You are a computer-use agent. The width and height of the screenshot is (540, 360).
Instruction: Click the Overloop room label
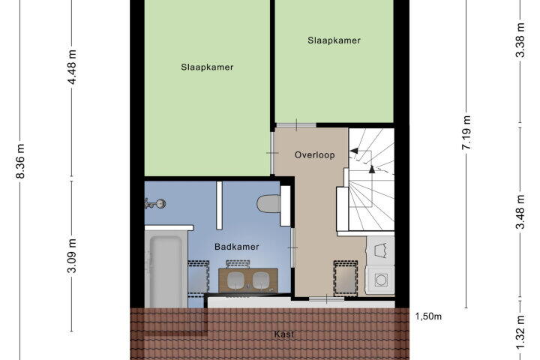314,155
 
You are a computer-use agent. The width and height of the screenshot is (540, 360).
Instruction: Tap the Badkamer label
236,247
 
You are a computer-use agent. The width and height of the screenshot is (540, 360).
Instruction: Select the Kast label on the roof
284,334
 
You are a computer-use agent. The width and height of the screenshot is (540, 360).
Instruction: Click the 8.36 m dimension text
20,161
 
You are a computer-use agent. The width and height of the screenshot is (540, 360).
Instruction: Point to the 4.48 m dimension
72,67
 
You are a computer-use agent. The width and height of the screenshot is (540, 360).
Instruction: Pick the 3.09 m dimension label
72,256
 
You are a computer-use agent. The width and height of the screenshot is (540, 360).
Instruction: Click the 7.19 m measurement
466,133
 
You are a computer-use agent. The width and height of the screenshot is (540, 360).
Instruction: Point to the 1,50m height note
428,316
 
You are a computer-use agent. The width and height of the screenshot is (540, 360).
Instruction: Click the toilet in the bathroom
269,204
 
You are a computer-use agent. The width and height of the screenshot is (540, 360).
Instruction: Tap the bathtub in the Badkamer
166,270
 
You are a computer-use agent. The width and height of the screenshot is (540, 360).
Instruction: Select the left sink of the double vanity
235,280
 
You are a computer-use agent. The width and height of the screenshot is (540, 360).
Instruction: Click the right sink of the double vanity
261,280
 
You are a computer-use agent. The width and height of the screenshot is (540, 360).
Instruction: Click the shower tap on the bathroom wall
155,203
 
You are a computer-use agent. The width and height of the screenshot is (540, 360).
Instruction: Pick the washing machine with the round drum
380,280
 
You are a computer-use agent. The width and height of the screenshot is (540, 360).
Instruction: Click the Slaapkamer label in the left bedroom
207,67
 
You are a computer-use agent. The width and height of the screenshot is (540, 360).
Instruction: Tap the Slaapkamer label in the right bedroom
334,40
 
